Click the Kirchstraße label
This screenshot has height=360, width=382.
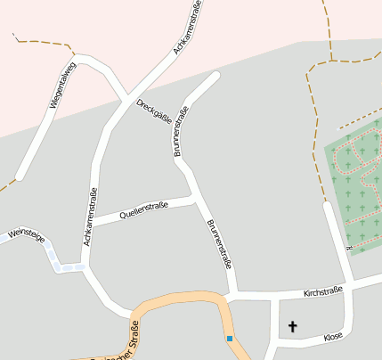(x=322, y=292)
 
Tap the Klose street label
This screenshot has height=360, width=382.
(x=333, y=337)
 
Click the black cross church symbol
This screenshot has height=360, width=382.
(x=294, y=328)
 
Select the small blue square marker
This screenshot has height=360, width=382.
(x=230, y=339)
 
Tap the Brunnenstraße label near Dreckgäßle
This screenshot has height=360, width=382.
(x=181, y=133)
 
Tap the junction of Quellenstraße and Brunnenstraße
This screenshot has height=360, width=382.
(x=193, y=199)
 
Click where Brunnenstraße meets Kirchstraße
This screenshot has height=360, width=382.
(x=233, y=295)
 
